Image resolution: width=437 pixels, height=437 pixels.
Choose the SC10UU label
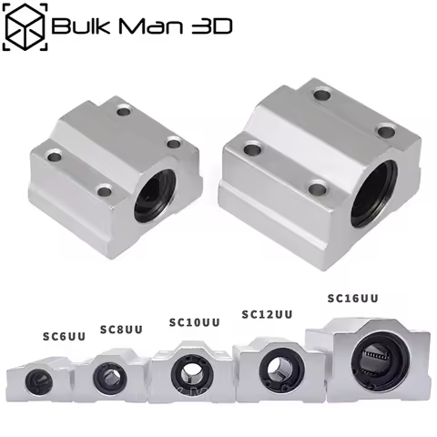[x=195, y=321]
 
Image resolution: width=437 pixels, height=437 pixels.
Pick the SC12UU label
[x=267, y=314]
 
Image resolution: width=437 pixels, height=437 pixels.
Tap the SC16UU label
[x=352, y=298]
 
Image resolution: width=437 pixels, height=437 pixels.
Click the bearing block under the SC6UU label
[x=38, y=377]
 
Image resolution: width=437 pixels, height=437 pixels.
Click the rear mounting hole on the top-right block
[x=320, y=93]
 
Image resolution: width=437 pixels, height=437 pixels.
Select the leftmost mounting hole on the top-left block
[x=55, y=157]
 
